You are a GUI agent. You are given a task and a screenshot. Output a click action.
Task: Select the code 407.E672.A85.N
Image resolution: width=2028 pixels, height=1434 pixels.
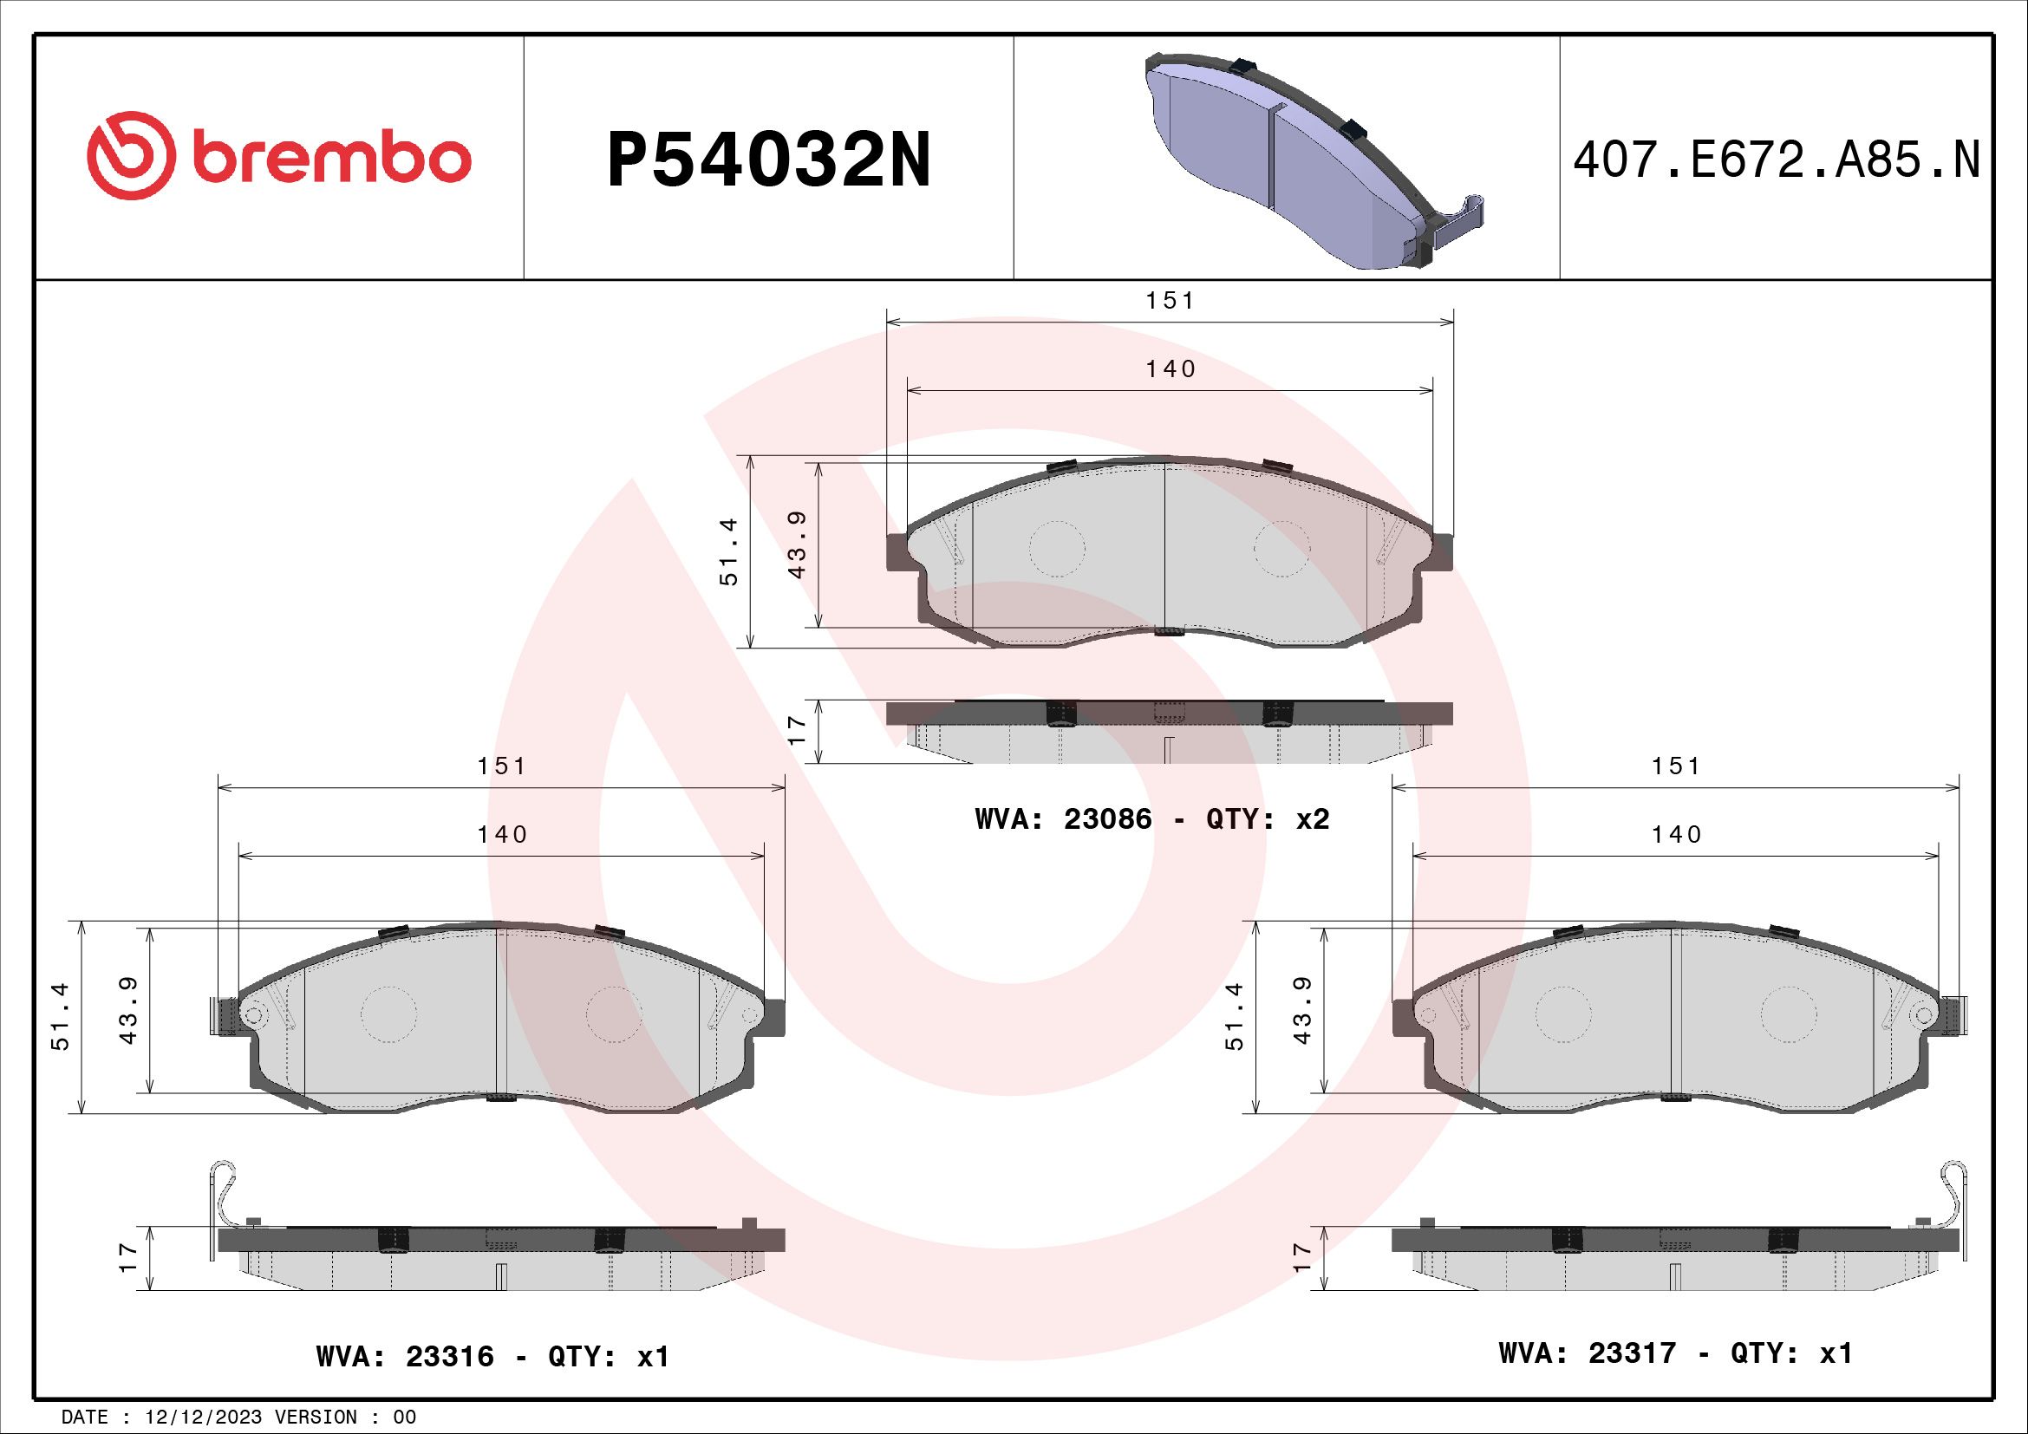tap(1777, 161)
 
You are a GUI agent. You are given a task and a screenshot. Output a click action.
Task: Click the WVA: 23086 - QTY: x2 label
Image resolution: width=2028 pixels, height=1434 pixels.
tap(1151, 819)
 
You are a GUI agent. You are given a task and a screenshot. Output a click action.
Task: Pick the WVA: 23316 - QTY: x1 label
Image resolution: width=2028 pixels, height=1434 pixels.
tap(492, 1355)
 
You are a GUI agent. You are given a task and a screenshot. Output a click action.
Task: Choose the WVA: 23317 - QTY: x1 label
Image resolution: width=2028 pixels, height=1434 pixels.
tap(1676, 1353)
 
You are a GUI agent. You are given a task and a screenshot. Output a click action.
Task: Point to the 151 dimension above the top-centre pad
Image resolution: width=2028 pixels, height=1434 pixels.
tap(1171, 301)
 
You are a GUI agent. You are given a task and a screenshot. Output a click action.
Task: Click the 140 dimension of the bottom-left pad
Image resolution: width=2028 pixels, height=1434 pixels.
tap(502, 834)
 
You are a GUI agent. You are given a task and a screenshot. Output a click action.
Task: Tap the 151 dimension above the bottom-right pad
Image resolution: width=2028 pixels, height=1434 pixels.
tap(1677, 766)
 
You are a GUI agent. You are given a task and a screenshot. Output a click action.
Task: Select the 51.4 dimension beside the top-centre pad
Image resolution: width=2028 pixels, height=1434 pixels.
tap(730, 553)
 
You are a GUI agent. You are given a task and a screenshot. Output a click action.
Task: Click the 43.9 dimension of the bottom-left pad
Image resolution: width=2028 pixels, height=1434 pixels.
tap(130, 1022)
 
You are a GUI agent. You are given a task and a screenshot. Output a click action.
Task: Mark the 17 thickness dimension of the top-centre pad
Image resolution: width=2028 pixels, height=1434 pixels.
tap(798, 730)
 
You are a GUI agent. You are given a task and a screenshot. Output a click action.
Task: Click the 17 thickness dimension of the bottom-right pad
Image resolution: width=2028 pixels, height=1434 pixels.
tap(1301, 1257)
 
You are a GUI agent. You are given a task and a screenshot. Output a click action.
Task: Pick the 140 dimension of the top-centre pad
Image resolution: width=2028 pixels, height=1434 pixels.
tap(1171, 369)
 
